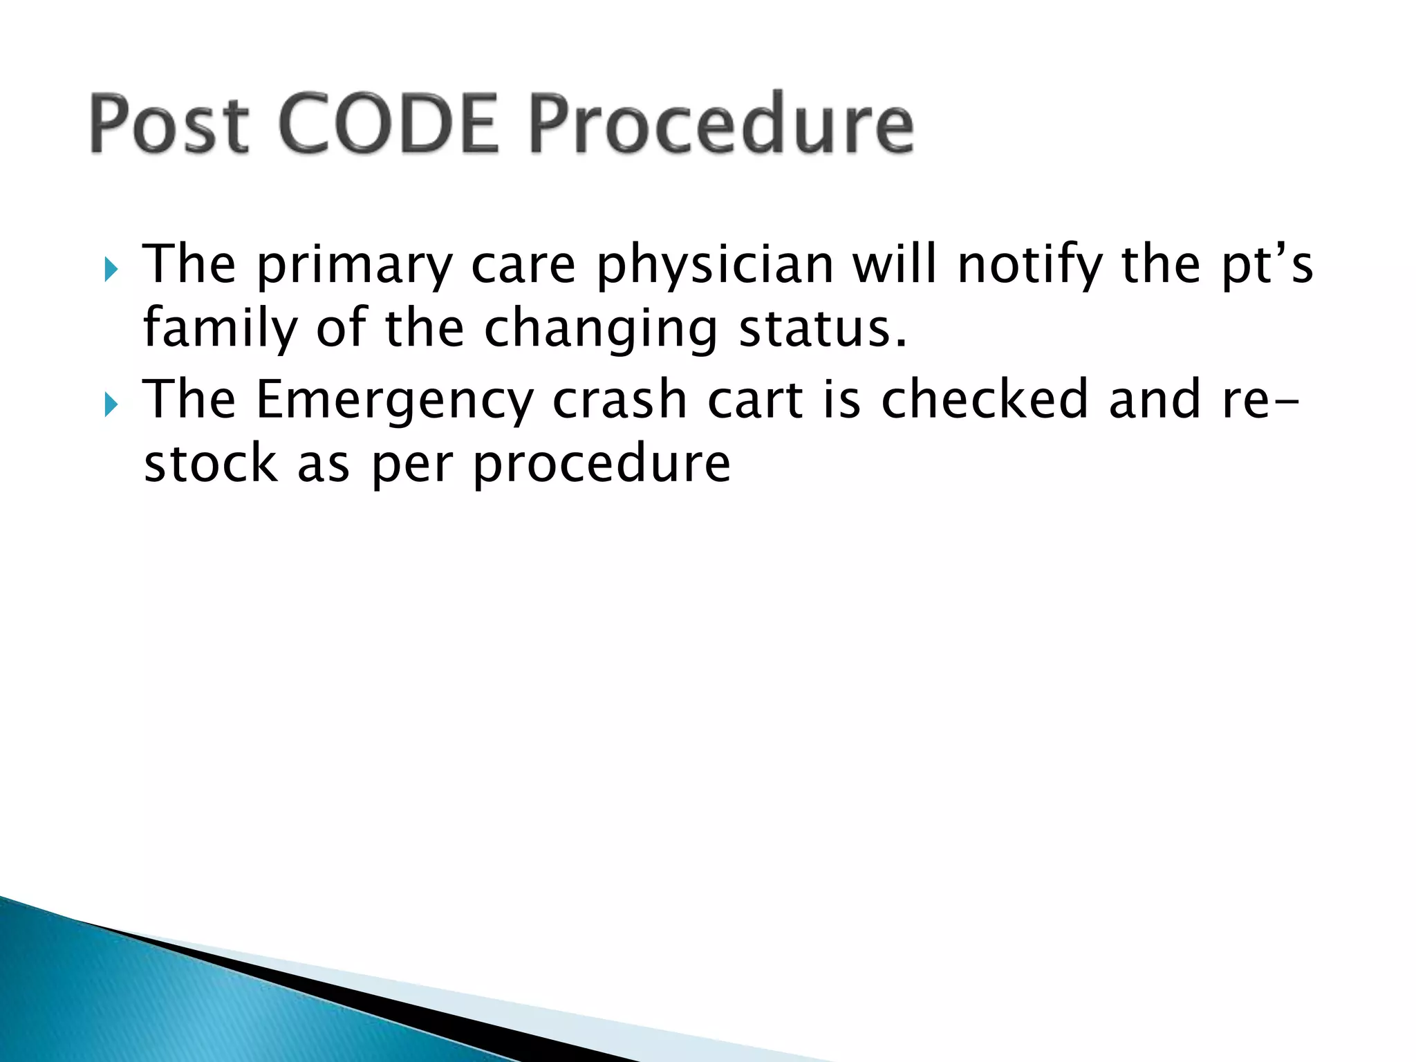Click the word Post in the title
coord(169,124)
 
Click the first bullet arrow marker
coord(111,269)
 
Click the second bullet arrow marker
coord(111,404)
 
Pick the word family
coord(220,330)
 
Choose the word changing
coord(600,330)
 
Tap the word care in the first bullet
coord(523,266)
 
